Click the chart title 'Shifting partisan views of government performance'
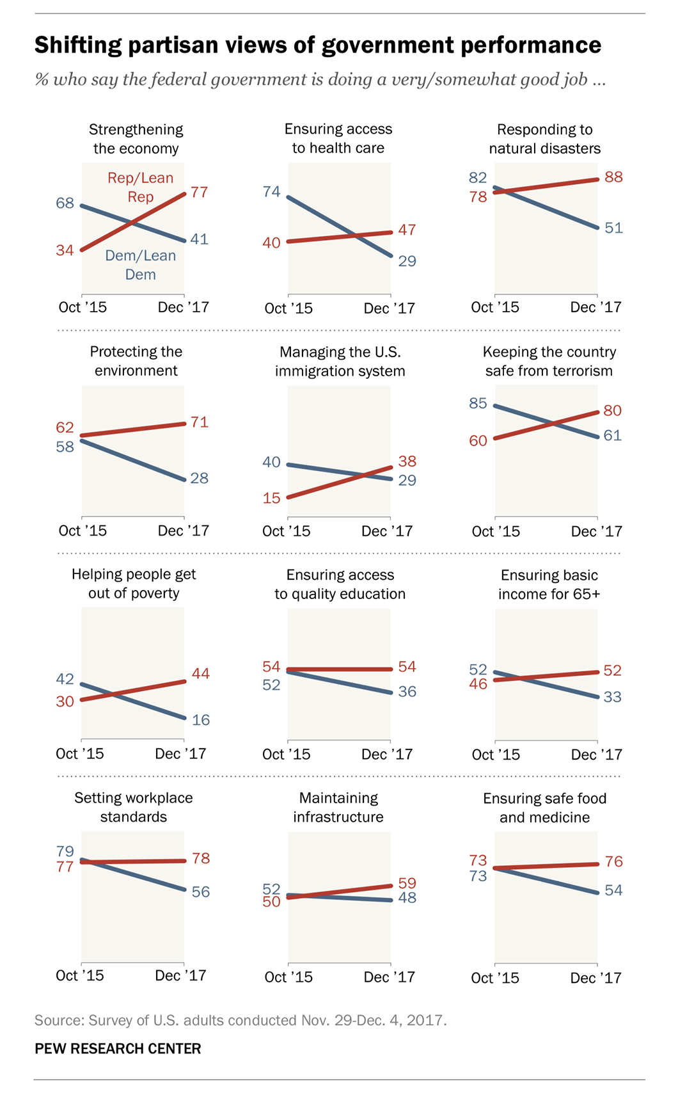[317, 45]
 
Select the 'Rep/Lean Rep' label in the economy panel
[140, 187]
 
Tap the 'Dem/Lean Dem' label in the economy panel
[140, 264]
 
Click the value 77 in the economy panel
[200, 192]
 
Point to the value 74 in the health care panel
[271, 191]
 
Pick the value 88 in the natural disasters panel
[613, 177]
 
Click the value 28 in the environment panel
[200, 478]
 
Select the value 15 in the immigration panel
[271, 498]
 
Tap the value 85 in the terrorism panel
[478, 403]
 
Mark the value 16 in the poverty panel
[201, 720]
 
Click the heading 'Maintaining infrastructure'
[338, 807]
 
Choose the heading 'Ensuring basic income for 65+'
[549, 584]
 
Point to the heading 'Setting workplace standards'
[133, 807]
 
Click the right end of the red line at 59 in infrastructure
[390, 886]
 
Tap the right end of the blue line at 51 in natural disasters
[597, 227]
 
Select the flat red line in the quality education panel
[339, 669]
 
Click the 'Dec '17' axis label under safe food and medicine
[595, 978]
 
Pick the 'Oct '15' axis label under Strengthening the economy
[83, 307]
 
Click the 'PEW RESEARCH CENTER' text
[118, 1048]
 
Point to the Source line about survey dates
[240, 1020]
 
